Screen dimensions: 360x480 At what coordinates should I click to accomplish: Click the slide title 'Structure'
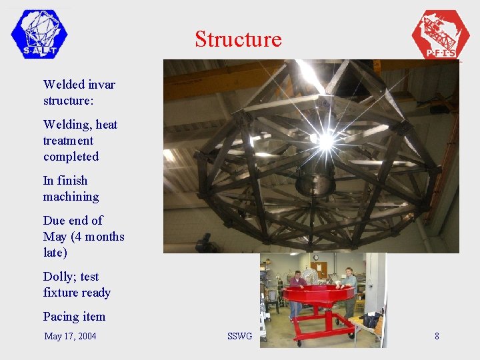pos(238,39)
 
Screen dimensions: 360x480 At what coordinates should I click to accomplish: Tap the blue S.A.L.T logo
pos(39,33)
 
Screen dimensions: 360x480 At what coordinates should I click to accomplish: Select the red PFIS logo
pos(440,35)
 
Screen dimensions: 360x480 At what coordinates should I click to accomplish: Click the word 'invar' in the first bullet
pos(100,85)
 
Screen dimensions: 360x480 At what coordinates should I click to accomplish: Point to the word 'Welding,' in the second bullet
pos(68,125)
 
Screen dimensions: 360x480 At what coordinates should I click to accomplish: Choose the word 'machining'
pos(71,197)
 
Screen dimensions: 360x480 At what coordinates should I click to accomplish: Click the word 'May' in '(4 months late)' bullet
pos(55,237)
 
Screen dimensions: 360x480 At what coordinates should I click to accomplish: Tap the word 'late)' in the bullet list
pos(55,253)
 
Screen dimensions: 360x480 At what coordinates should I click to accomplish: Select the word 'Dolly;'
pos(61,277)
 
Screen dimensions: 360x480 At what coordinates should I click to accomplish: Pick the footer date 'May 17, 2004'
pos(70,336)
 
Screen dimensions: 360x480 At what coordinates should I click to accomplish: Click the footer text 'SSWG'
pos(239,336)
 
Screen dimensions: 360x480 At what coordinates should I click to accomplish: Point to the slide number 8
pos(437,336)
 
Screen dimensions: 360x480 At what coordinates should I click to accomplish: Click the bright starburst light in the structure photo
pos(325,141)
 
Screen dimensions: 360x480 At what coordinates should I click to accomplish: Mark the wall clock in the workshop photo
pos(315,258)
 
